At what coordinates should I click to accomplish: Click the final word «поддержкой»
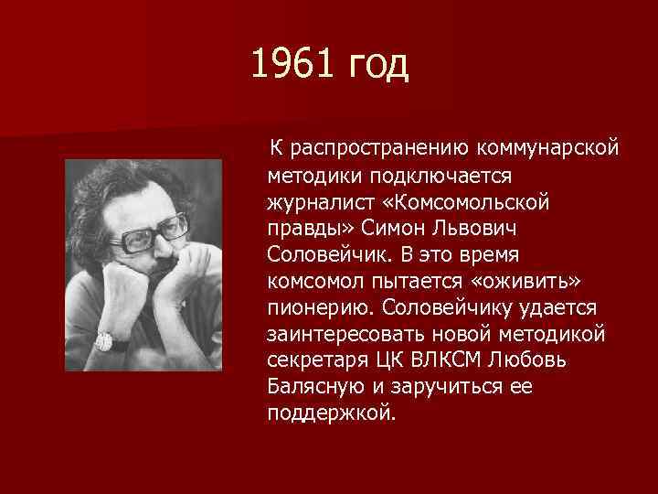coord(332,413)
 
